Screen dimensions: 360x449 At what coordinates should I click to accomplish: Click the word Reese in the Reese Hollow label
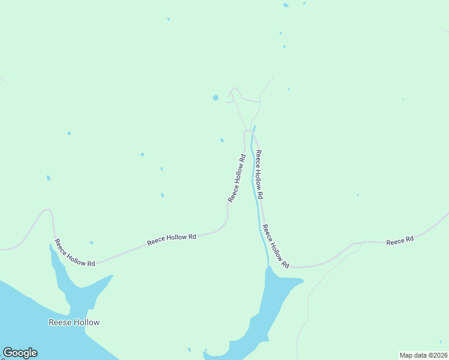click(x=59, y=322)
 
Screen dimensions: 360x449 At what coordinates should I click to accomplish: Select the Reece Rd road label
click(x=400, y=241)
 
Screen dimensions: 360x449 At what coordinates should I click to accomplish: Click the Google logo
click(x=20, y=353)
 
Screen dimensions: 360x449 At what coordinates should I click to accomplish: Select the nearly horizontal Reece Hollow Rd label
click(x=172, y=238)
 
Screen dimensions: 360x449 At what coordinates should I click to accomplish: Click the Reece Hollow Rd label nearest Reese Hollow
click(x=75, y=253)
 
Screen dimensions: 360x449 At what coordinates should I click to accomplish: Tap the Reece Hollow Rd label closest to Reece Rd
click(x=276, y=246)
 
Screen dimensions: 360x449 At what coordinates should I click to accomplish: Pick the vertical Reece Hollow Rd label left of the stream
click(x=237, y=178)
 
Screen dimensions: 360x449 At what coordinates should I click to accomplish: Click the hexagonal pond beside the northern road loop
click(x=215, y=97)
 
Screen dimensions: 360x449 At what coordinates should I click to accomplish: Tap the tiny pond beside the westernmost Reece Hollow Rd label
click(x=91, y=242)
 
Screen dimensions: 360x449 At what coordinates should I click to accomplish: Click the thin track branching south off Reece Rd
click(x=312, y=294)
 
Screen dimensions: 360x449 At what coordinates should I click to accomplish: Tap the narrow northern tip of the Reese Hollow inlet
click(x=51, y=246)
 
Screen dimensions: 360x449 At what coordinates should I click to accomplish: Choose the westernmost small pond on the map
click(x=48, y=178)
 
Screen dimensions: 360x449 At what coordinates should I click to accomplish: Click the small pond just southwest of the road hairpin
click(x=222, y=140)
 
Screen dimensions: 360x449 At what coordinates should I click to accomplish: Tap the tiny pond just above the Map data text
click(x=439, y=343)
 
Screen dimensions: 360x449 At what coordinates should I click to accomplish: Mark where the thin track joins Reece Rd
click(x=359, y=244)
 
